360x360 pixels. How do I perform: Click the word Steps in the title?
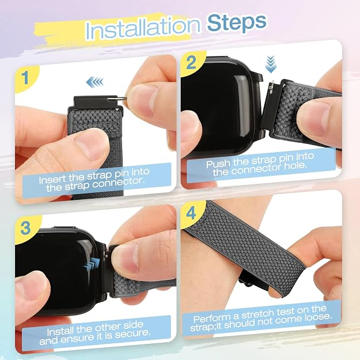coord(237,23)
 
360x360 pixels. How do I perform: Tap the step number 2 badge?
coord(191,62)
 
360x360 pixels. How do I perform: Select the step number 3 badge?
coord(25,228)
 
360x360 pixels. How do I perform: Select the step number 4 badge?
coord(191,213)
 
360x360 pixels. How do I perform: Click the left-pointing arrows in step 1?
coord(94,82)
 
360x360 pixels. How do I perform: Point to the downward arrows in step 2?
coord(271,65)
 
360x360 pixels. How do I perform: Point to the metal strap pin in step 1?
coord(121,98)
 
